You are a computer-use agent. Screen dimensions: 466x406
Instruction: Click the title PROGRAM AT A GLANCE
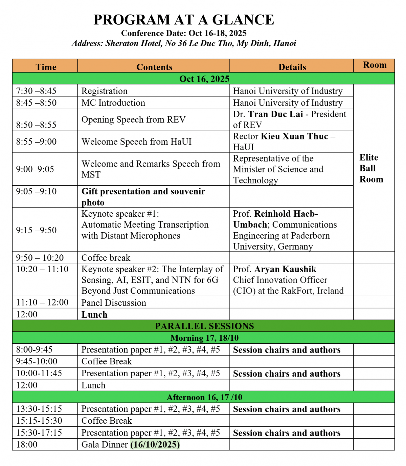click(x=184, y=20)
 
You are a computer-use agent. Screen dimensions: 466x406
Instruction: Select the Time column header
click(x=46, y=67)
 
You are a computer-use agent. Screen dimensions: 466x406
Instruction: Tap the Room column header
click(x=375, y=65)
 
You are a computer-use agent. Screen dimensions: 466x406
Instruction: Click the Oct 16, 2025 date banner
click(x=204, y=79)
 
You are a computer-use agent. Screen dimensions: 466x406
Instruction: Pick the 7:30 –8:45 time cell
click(x=36, y=91)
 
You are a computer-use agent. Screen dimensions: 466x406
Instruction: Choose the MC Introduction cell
click(x=113, y=103)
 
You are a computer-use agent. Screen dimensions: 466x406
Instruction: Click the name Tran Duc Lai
click(x=275, y=114)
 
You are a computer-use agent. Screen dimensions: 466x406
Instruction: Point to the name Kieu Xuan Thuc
click(x=294, y=136)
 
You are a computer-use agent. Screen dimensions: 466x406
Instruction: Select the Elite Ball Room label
click(x=371, y=168)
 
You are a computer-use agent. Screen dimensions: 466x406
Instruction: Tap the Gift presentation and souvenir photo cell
click(x=143, y=197)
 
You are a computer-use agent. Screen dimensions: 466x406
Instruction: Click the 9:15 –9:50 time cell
click(x=36, y=230)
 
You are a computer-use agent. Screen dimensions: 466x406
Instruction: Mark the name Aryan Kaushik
click(x=285, y=269)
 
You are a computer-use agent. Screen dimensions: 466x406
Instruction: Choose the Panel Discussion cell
click(x=114, y=303)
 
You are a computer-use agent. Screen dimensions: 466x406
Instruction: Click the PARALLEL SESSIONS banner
click(x=204, y=326)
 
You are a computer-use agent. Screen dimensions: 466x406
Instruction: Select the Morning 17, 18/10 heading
click(x=204, y=338)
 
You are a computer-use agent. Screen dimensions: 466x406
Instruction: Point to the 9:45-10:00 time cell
click(x=37, y=362)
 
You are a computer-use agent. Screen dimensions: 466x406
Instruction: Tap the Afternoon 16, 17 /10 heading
click(x=204, y=397)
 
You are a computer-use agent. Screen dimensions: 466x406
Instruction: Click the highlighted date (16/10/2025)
click(x=155, y=445)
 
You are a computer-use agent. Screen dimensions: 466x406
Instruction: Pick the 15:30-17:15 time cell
click(x=39, y=433)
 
